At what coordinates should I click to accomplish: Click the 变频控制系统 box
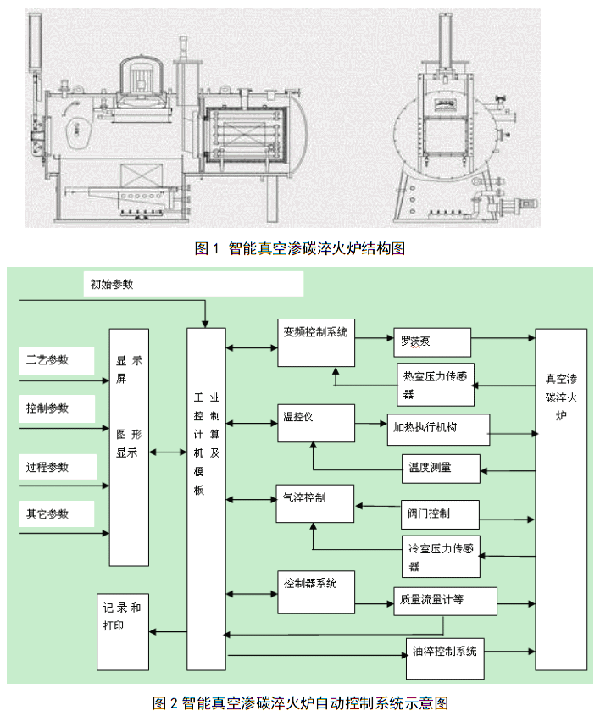point(315,343)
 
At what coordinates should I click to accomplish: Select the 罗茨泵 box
point(431,342)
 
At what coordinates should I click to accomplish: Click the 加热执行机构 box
point(437,430)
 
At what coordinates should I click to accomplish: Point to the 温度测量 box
point(440,467)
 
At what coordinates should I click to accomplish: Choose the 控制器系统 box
point(316,591)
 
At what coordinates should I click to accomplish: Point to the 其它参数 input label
point(48,513)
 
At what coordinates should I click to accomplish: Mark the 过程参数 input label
point(48,467)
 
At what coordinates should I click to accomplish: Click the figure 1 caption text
point(300,248)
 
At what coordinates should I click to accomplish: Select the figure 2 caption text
point(300,702)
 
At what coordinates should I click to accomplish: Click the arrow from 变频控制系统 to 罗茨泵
point(374,336)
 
